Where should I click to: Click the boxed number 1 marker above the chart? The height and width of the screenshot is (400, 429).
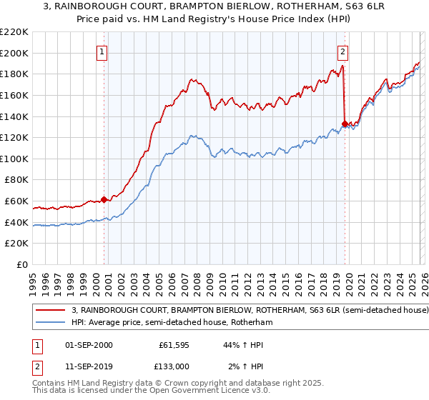point(103,51)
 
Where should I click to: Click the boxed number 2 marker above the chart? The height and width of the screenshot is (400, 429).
point(343,51)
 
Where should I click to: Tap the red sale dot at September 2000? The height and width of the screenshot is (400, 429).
point(104,199)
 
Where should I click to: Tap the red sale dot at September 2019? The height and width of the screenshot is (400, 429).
point(345,124)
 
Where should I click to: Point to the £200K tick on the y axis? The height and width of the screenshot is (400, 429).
point(15,53)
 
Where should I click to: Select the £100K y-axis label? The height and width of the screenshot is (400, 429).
point(15,159)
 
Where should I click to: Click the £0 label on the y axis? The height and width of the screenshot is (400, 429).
point(21,265)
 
